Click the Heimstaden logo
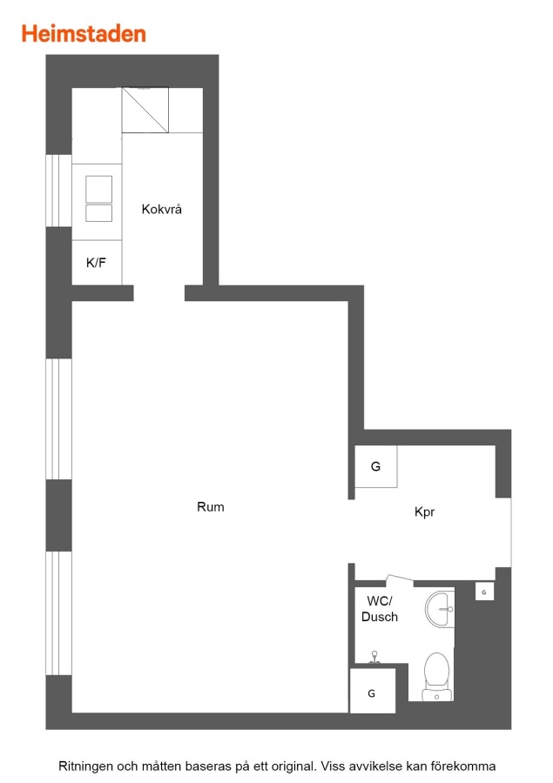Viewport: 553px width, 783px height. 84,34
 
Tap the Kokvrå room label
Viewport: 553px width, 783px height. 161,209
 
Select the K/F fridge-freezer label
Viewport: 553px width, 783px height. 96,263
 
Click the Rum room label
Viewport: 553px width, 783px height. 211,507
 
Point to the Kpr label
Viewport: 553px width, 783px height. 424,512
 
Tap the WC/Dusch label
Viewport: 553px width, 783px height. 380,609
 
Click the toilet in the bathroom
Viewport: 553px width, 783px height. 436,677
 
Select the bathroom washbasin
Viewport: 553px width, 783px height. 440,608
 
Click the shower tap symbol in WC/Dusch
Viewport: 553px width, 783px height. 374,658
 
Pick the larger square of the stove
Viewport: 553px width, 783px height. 98,190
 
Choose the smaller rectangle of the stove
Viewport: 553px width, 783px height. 98,213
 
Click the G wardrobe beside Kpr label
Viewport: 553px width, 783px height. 376,466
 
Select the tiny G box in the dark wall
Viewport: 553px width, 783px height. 484,592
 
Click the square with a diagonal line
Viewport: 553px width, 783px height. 145,110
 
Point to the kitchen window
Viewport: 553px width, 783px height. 58,191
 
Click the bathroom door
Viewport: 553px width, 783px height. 400,579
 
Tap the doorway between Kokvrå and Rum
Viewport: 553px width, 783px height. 159,293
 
